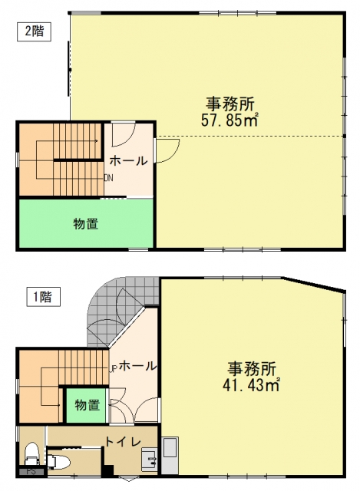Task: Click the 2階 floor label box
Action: click(34, 32)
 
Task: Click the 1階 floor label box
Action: click(43, 297)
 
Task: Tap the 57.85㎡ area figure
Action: click(230, 120)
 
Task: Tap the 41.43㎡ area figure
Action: click(251, 385)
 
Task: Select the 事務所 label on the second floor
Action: click(230, 104)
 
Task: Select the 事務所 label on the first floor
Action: click(252, 369)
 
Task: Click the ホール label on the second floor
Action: click(128, 161)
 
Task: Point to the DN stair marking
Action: click(109, 178)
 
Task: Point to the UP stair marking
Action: click(113, 368)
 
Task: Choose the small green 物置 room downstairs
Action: click(87, 405)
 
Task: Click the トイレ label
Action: click(123, 442)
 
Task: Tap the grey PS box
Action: click(31, 471)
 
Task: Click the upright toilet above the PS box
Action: click(31, 453)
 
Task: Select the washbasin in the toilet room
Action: click(149, 460)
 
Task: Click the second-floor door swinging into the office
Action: click(167, 150)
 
